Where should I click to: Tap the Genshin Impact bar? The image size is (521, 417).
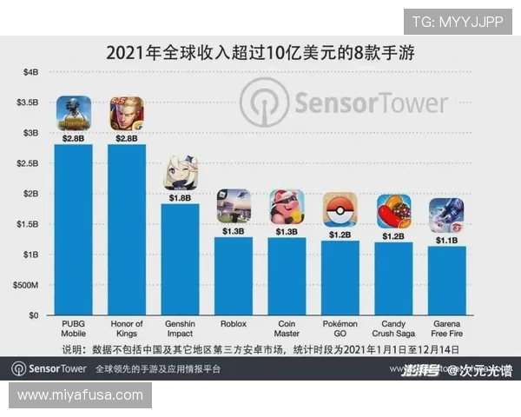click(181, 259)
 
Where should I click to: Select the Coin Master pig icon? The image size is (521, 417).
click(287, 207)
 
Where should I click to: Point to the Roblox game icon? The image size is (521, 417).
click(234, 207)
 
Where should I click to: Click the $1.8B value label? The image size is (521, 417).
click(181, 197)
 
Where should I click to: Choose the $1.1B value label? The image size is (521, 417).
click(446, 241)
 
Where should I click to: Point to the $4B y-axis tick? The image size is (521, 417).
click(30, 72)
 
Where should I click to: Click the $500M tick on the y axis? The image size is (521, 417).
click(25, 285)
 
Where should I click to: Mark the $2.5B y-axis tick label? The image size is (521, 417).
click(27, 163)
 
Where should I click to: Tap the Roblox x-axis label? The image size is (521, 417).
click(234, 324)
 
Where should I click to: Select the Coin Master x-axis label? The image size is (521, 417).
click(287, 328)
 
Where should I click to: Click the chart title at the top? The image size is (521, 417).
click(260, 52)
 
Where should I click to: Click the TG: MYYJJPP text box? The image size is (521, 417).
click(458, 22)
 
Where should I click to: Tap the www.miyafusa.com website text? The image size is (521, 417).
click(80, 395)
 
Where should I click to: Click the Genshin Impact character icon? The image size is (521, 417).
click(181, 173)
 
